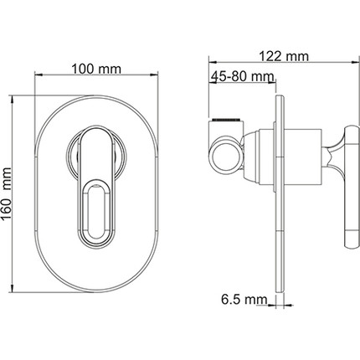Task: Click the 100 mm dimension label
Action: tap(96, 69)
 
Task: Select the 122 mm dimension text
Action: tap(284, 56)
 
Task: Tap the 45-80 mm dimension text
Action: tap(242, 76)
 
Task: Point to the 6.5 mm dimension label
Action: tap(244, 300)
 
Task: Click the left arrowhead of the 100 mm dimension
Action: tap(39, 75)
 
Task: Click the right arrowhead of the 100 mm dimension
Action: tap(154, 75)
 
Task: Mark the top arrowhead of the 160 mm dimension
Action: tap(12, 99)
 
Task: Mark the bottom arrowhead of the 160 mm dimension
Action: tap(12, 288)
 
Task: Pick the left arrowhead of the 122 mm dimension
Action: tap(213, 62)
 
